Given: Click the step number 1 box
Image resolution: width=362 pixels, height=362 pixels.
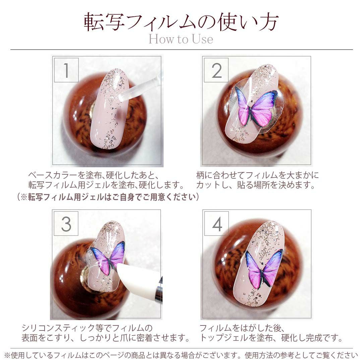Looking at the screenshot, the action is click(66, 70).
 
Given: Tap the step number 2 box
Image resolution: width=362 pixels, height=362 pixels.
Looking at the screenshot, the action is click(216, 70).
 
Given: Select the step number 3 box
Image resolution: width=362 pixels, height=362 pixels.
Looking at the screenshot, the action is click(66, 224).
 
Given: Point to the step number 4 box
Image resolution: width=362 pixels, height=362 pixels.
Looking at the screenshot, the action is click(217, 224).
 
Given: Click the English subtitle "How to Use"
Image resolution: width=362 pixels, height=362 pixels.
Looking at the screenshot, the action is click(181, 39).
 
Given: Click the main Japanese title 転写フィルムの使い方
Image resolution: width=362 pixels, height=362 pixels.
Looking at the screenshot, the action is click(181, 21).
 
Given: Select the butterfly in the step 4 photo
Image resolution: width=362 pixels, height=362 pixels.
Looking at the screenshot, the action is click(264, 269).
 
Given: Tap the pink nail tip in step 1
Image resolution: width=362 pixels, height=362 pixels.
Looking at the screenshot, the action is click(109, 109).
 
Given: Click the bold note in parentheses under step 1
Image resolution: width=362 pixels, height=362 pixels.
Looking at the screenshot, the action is click(108, 197).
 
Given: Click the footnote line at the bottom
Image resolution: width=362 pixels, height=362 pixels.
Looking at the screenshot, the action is click(181, 355).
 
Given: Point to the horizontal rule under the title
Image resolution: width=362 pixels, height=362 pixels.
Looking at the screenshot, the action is click(181, 49).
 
